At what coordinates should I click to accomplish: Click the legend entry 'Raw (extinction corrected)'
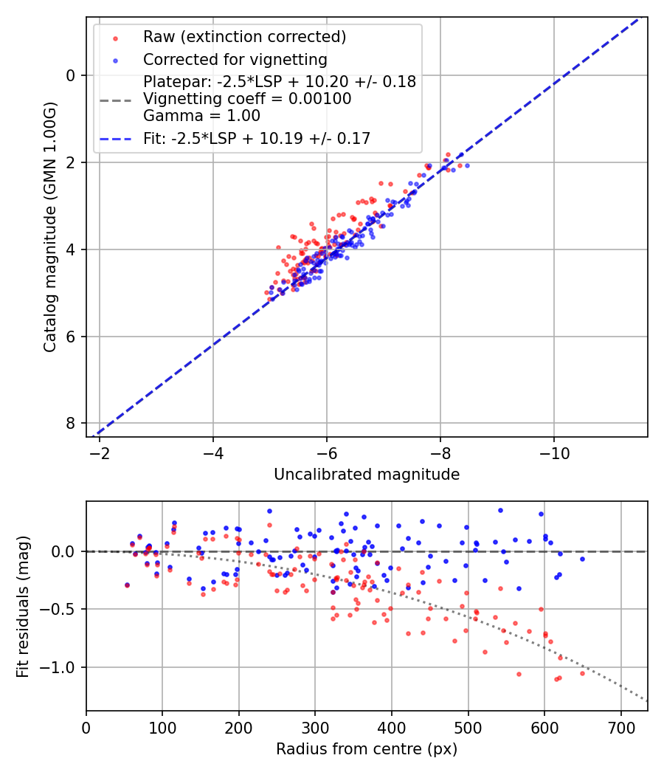click(x=244, y=37)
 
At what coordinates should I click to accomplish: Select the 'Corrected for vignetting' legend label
click(x=235, y=59)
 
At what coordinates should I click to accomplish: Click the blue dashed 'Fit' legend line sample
click(x=115, y=138)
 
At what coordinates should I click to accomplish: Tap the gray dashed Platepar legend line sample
click(x=115, y=99)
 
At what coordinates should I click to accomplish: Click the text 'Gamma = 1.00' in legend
click(x=201, y=115)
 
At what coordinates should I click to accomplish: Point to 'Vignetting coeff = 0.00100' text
click(x=247, y=99)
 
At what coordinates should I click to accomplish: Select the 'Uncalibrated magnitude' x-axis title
click(x=367, y=474)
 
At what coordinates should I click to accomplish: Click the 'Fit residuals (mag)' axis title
click(x=23, y=607)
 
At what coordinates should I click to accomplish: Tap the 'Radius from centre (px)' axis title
click(x=367, y=749)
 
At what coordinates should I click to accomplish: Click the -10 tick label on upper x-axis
click(x=554, y=452)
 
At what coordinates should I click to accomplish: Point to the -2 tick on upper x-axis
click(x=100, y=452)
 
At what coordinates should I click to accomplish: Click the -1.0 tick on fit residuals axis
click(x=62, y=667)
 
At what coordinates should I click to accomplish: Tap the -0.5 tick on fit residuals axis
click(x=62, y=609)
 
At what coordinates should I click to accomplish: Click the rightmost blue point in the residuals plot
click(x=582, y=559)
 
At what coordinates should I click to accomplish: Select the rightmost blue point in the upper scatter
click(x=466, y=165)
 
